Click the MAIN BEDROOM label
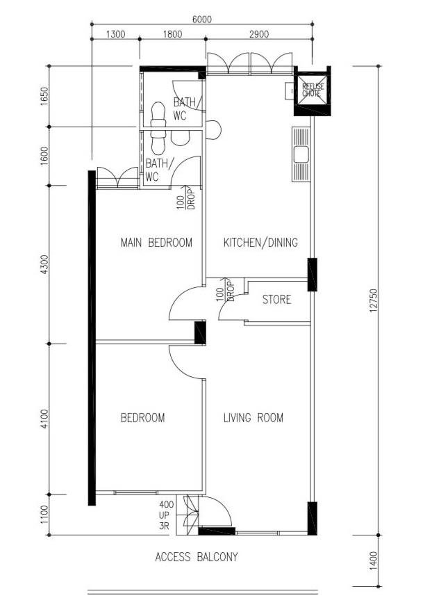(x=156, y=243)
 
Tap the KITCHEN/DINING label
(x=260, y=242)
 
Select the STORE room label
(x=276, y=300)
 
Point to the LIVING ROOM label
(x=254, y=417)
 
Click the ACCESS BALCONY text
(x=197, y=557)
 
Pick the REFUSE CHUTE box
(x=313, y=91)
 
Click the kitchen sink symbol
(x=301, y=154)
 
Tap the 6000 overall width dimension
(x=202, y=19)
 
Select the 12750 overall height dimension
(x=373, y=300)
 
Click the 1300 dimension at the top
(x=115, y=34)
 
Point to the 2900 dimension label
(x=259, y=34)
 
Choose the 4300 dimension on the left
(x=44, y=265)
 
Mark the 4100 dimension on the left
(x=44, y=419)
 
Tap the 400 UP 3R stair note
(x=166, y=515)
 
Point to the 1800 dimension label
(x=172, y=34)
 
